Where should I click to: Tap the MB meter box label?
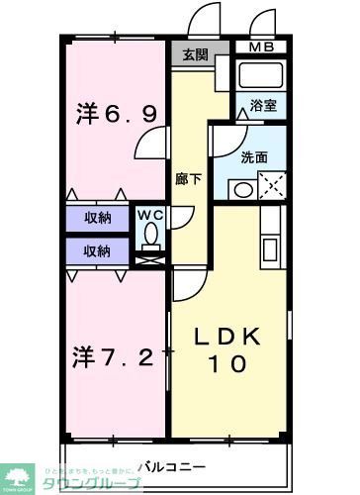(261, 47)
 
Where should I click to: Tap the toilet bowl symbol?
(150, 234)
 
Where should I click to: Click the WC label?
(149, 213)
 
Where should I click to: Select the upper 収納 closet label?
(97, 218)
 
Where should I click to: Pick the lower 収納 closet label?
(97, 250)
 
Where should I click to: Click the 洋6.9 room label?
(116, 115)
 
